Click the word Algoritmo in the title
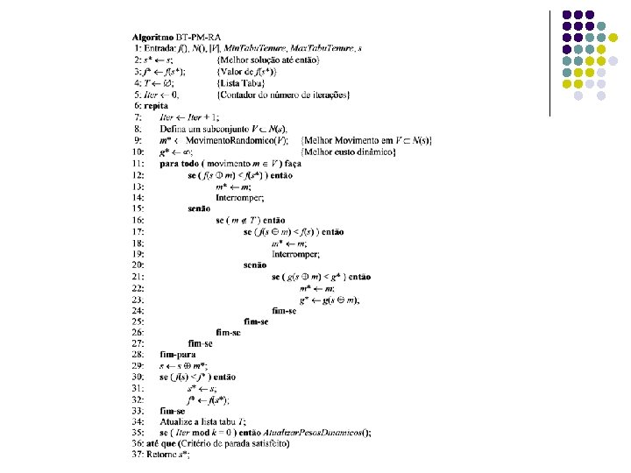point(152,37)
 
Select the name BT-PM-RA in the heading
point(198,37)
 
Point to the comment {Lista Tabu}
point(245,82)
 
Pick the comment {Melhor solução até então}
point(270,59)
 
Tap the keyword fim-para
point(179,354)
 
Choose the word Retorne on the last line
point(160,455)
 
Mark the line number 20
point(138,264)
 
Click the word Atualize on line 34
point(178,421)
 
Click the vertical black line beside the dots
point(549,61)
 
